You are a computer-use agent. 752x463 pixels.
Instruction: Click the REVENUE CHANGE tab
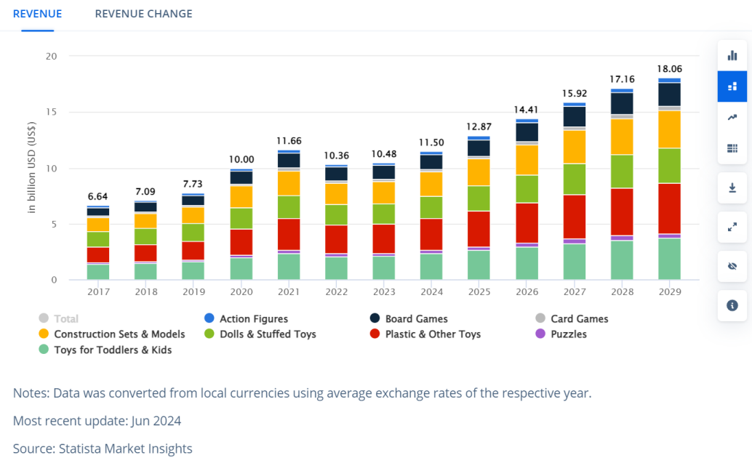(x=143, y=14)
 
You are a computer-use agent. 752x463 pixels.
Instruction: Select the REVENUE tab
(x=37, y=14)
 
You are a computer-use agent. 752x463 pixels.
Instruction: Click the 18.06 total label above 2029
(x=669, y=68)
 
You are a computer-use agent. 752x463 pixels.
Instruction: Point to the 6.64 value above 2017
(x=97, y=196)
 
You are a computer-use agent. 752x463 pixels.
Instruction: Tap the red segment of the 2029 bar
(x=669, y=208)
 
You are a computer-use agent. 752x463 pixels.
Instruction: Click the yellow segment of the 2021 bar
(x=289, y=183)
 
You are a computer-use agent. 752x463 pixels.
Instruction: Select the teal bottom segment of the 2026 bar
(x=527, y=263)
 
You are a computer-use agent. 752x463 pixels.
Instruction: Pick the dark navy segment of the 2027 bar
(x=574, y=116)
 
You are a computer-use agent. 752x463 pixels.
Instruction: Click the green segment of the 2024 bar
(x=431, y=207)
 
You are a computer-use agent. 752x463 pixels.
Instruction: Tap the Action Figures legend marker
(x=209, y=318)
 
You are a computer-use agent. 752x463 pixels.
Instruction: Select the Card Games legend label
(x=580, y=318)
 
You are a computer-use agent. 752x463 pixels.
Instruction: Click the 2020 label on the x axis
(x=241, y=292)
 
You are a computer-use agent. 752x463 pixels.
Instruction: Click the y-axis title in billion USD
(x=32, y=167)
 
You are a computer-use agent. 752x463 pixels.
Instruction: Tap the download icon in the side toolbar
(x=732, y=188)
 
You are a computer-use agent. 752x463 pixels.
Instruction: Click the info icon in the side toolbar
(x=732, y=305)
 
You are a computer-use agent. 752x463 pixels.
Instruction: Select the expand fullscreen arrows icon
(x=732, y=227)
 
